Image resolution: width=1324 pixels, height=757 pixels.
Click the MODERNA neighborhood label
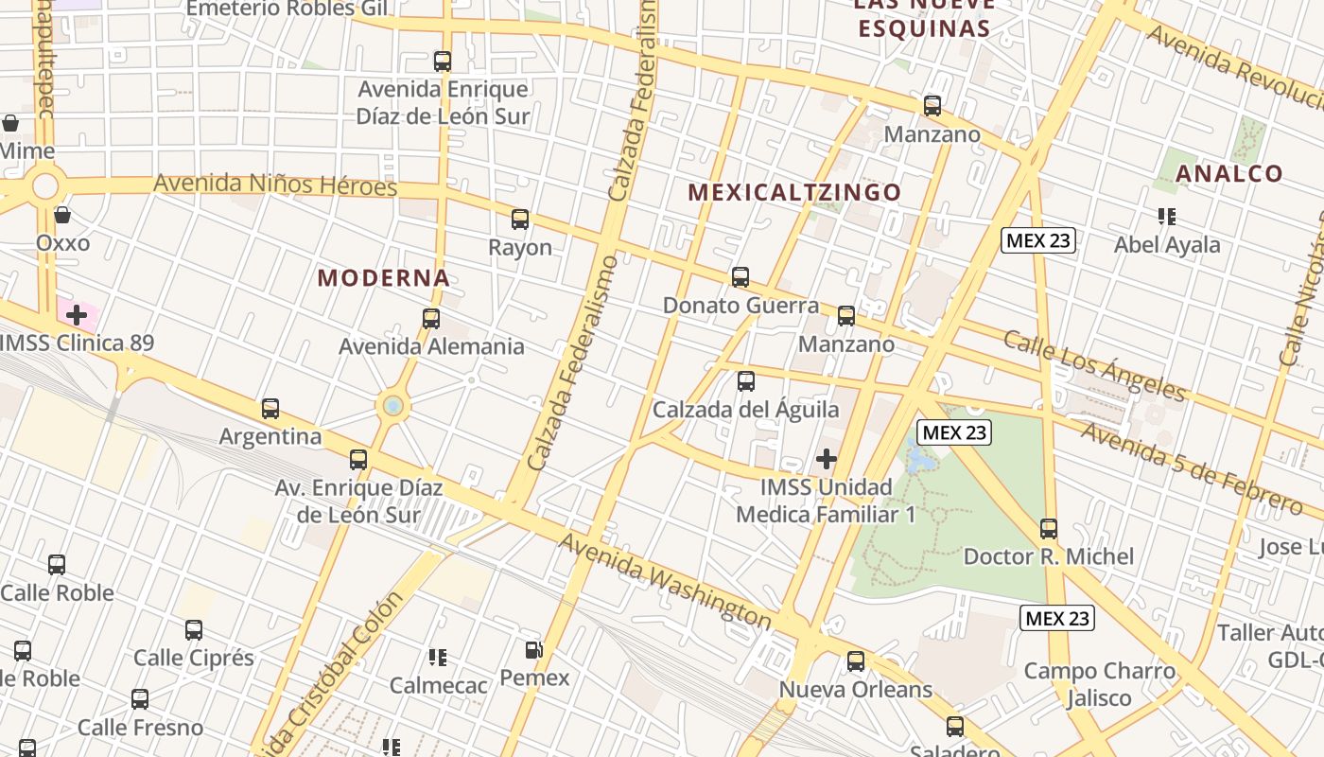(x=383, y=278)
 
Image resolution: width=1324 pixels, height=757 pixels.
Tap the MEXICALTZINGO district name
(x=794, y=192)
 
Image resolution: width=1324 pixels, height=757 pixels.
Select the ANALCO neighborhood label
(x=1229, y=174)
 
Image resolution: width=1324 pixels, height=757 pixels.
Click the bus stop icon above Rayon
(x=519, y=220)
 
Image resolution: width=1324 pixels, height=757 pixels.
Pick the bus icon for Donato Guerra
(x=740, y=277)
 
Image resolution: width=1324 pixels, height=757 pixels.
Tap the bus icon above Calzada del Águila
(x=746, y=381)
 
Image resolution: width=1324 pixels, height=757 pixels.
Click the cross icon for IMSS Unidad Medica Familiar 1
(x=827, y=459)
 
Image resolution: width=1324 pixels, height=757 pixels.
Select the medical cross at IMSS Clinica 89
(x=77, y=314)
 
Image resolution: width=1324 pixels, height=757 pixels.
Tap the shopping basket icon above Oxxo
(x=62, y=215)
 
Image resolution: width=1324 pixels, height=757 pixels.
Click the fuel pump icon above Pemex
(x=534, y=650)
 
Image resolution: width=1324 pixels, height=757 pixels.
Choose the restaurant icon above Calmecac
(x=438, y=656)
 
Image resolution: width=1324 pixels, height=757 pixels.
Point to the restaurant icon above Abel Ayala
(x=1167, y=217)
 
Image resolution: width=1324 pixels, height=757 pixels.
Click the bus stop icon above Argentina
(x=270, y=409)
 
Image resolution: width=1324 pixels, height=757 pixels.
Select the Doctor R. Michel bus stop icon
(x=1048, y=528)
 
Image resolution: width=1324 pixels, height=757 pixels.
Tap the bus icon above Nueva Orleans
(x=856, y=661)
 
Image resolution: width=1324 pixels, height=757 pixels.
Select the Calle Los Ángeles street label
(x=1094, y=365)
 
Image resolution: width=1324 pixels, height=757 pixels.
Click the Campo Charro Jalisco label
(x=1100, y=685)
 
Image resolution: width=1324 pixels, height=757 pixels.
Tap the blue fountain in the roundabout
(x=393, y=406)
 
